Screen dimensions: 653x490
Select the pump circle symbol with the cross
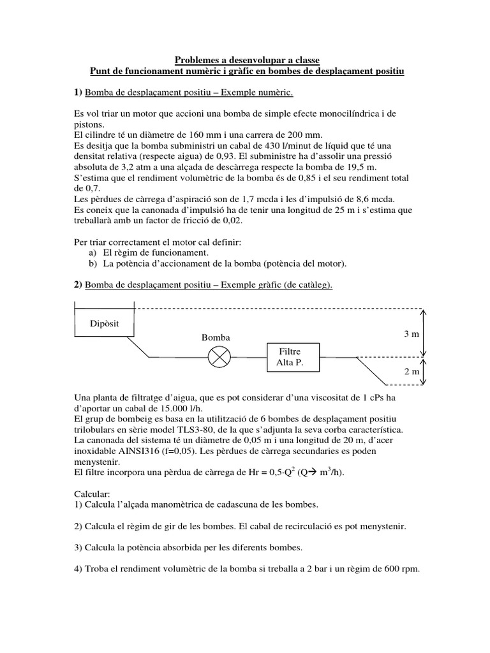[x=219, y=357]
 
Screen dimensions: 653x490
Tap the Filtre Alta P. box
[x=289, y=357]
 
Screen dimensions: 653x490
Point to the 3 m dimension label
[x=411, y=334]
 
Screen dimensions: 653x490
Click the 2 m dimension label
[x=411, y=371]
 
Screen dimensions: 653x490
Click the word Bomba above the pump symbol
[x=215, y=337]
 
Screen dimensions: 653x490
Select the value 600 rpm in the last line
[x=399, y=569]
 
